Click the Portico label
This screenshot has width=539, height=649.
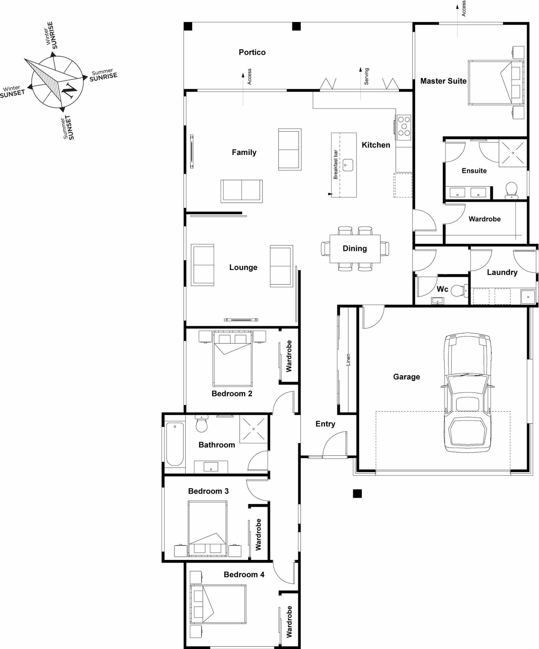[252, 52]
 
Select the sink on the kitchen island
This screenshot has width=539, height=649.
[348, 165]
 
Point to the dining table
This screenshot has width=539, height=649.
[355, 248]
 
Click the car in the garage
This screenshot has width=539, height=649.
[467, 393]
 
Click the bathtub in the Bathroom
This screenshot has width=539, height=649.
[175, 444]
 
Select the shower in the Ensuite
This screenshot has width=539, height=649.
[513, 153]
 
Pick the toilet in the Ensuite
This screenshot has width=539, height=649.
[512, 189]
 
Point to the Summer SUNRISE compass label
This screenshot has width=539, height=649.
[103, 75]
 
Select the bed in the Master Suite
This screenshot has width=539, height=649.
[496, 83]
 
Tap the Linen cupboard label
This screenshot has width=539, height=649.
[348, 360]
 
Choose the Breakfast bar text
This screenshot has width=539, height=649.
[335, 165]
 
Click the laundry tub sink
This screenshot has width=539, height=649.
[528, 297]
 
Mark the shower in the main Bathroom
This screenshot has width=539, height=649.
[254, 429]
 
